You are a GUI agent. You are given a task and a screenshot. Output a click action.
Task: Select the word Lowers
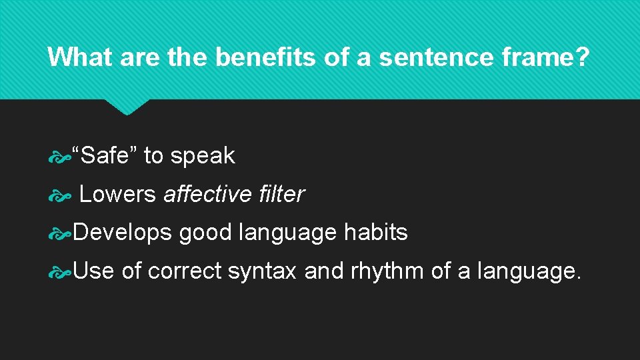coord(117,194)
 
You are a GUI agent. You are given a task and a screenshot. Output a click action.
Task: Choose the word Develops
coord(123,233)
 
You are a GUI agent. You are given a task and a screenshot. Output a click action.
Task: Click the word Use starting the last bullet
coord(93,271)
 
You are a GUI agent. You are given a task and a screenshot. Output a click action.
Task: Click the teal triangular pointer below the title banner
coord(127,106)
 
